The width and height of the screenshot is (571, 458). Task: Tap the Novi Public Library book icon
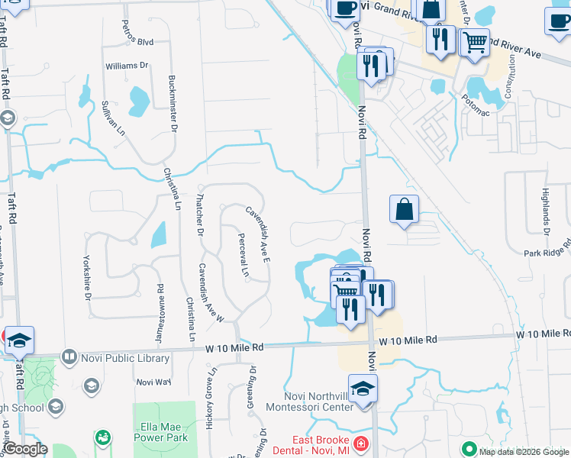69,357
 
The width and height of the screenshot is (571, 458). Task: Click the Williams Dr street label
127,66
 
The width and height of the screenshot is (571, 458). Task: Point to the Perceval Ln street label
242,255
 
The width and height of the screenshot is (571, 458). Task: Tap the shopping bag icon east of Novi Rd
404,208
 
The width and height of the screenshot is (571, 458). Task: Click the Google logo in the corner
25,449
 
